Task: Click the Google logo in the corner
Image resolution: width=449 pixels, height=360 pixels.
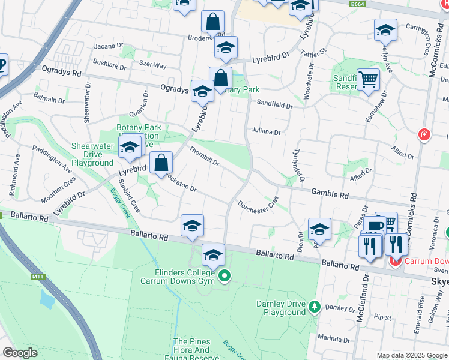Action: tap(20, 353)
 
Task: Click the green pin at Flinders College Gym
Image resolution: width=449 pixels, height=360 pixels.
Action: tap(224, 276)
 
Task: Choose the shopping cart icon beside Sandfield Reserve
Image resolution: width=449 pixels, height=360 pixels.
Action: tap(368, 79)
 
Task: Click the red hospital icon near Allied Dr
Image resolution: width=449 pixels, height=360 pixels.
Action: tap(424, 134)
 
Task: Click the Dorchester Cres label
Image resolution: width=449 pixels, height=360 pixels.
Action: tap(258, 203)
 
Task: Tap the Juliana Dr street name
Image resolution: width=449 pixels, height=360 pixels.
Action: tap(266, 131)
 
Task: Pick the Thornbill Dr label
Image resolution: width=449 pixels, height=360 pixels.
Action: tap(205, 156)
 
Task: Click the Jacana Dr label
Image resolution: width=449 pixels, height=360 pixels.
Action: tap(109, 45)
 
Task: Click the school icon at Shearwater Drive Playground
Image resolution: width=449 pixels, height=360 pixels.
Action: tap(130, 148)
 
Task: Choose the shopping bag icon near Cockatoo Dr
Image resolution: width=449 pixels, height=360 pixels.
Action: tap(161, 163)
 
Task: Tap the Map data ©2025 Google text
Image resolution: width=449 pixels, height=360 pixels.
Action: tap(411, 355)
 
